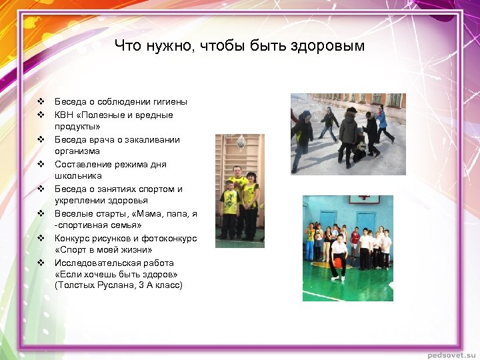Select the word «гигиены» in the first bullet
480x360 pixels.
tap(168, 102)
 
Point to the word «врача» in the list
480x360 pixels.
tap(100, 139)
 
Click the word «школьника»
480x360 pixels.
tap(78, 176)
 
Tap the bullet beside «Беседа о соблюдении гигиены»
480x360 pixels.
tap(41, 102)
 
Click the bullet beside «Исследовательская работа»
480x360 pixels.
tap(41, 263)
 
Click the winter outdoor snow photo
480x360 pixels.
tap(347, 133)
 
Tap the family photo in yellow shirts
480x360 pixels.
tap(240, 191)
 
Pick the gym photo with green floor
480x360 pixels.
tap(347, 247)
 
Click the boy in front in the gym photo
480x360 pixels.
tap(339, 255)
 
